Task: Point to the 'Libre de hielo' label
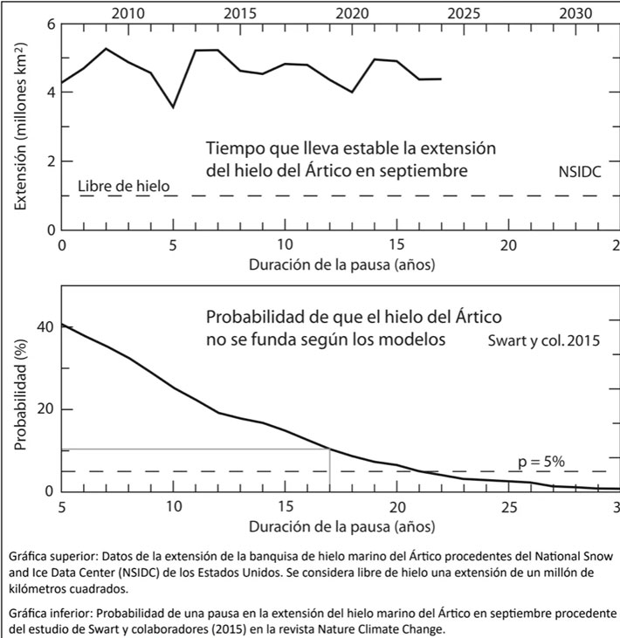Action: tap(123, 186)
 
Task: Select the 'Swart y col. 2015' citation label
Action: tap(543, 341)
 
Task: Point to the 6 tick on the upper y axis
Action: tap(51, 24)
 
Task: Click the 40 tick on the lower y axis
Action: tap(45, 326)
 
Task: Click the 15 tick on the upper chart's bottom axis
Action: tap(396, 246)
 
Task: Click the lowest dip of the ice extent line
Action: tap(173, 107)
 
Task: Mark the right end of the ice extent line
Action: tap(441, 79)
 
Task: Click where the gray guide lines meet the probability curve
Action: tap(329, 449)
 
